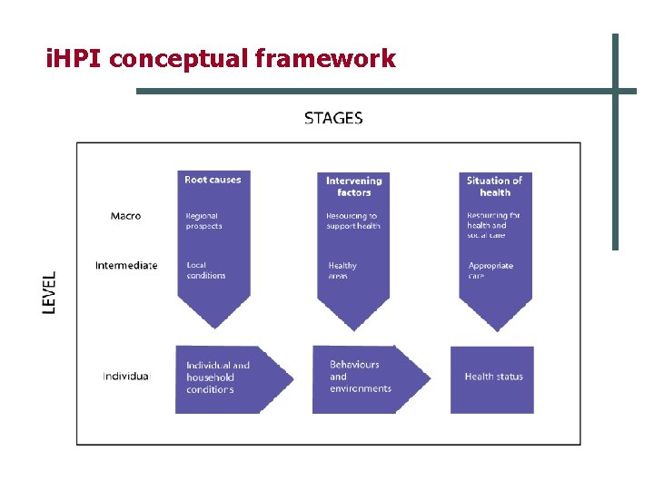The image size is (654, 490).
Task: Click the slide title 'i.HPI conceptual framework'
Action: (221, 59)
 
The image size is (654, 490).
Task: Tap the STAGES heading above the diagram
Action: (333, 118)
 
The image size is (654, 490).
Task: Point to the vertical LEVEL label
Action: (50, 292)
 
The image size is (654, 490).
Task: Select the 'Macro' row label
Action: (125, 216)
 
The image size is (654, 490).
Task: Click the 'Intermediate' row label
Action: (126, 266)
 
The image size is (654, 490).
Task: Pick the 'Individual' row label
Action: (126, 377)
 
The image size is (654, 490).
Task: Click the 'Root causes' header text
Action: (213, 180)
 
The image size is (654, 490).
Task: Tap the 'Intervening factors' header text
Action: (354, 186)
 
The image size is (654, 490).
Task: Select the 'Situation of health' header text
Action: (494, 186)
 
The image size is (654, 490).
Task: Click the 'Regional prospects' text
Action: (204, 220)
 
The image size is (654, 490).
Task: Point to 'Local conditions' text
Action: (205, 270)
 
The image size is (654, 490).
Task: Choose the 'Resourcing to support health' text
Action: (352, 220)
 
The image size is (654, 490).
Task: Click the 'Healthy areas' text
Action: (342, 270)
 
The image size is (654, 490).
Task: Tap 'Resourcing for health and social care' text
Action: (493, 226)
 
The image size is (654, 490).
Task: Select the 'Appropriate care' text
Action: (490, 270)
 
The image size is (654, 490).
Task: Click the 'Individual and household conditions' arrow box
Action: (227, 377)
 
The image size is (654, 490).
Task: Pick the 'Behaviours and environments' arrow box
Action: (363, 377)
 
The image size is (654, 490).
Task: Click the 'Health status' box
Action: (493, 377)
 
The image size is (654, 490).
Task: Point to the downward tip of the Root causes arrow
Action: (213, 325)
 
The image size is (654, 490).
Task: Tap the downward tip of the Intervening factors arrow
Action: (353, 327)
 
